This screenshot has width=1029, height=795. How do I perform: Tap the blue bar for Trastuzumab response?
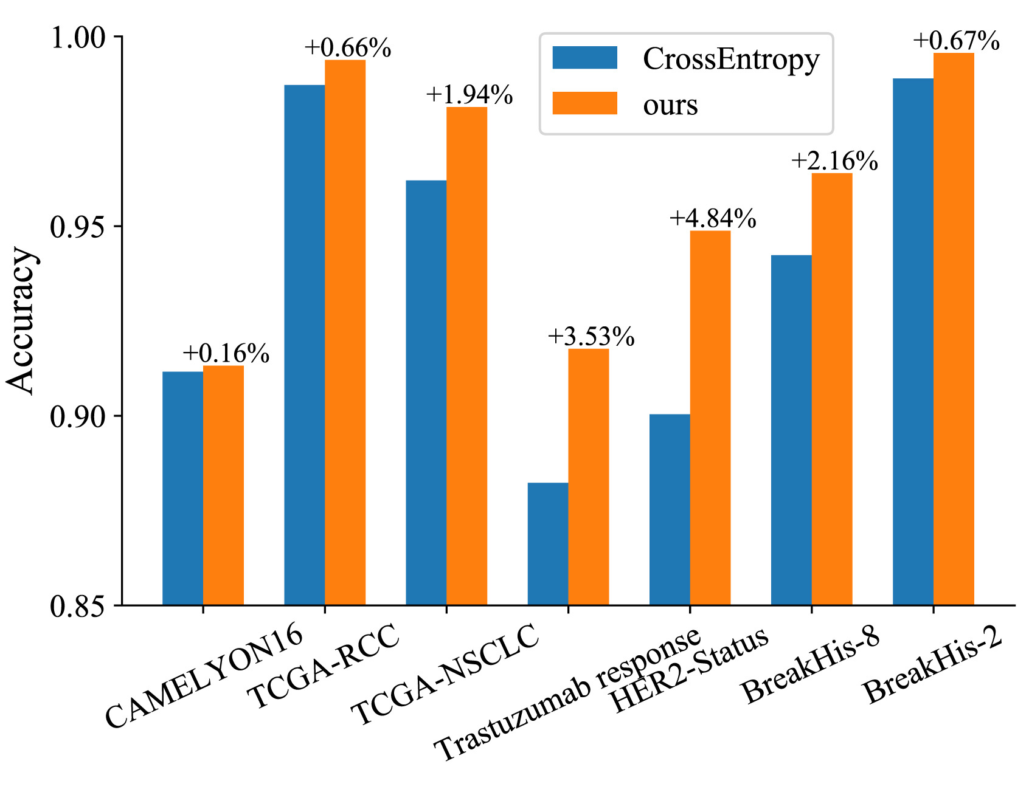pos(547,543)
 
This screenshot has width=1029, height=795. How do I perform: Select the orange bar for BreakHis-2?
pos(954,329)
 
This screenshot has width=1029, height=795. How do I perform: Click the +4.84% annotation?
pos(713,219)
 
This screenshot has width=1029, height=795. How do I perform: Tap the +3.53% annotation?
pos(591,337)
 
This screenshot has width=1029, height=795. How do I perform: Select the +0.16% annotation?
pos(226,354)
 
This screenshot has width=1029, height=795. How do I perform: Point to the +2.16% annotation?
pos(834,161)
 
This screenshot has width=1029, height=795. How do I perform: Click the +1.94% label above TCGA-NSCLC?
pos(469,95)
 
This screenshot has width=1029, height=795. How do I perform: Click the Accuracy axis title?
pos(22,320)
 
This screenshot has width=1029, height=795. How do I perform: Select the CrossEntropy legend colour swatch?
pos(584,58)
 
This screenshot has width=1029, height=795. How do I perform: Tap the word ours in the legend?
pos(670,105)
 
